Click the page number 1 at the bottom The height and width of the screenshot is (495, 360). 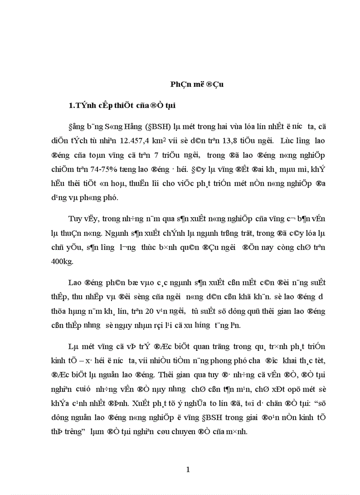(x=188, y=469)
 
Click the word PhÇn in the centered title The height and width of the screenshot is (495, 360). (x=181, y=85)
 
